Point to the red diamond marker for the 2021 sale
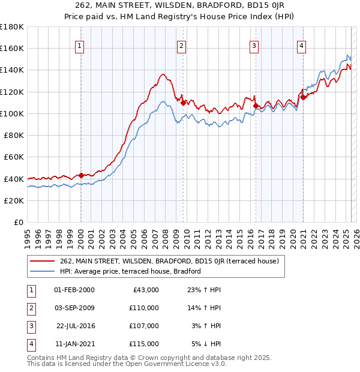coord(304,97)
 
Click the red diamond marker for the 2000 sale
coord(81,175)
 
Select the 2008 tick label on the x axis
coord(165,235)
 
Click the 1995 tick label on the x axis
coord(27,235)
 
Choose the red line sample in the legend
coord(42,261)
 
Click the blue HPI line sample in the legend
coord(42,271)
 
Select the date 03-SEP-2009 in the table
coord(74,308)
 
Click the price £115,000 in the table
coord(144,344)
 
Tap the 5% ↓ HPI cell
coord(206,344)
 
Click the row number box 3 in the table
coord(30,326)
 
